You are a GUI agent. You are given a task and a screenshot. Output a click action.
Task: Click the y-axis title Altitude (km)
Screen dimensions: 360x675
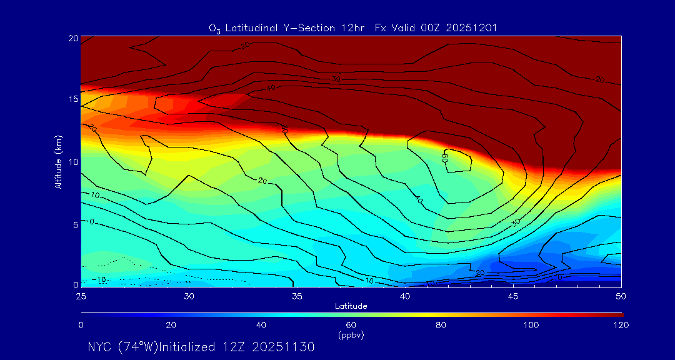click(58, 161)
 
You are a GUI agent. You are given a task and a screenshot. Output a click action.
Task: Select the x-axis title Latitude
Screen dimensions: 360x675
click(351, 306)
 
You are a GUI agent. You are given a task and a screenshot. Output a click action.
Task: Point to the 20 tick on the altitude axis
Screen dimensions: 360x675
click(72, 38)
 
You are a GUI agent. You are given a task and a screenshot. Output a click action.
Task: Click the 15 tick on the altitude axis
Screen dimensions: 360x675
click(72, 99)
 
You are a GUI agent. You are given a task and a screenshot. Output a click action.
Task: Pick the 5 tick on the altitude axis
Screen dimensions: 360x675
click(74, 224)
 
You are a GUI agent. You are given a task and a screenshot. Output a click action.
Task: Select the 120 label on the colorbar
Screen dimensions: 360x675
click(621, 325)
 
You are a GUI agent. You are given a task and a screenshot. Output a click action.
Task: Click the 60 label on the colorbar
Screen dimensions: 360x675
click(351, 325)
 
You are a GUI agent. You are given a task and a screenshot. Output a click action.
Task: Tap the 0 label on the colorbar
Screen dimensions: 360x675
click(81, 325)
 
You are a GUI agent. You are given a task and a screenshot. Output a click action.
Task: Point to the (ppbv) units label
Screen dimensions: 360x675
click(351, 335)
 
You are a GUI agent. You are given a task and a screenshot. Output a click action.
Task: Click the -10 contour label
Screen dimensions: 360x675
click(99, 279)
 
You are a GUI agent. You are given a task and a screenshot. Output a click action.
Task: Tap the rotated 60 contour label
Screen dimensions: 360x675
click(446, 157)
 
